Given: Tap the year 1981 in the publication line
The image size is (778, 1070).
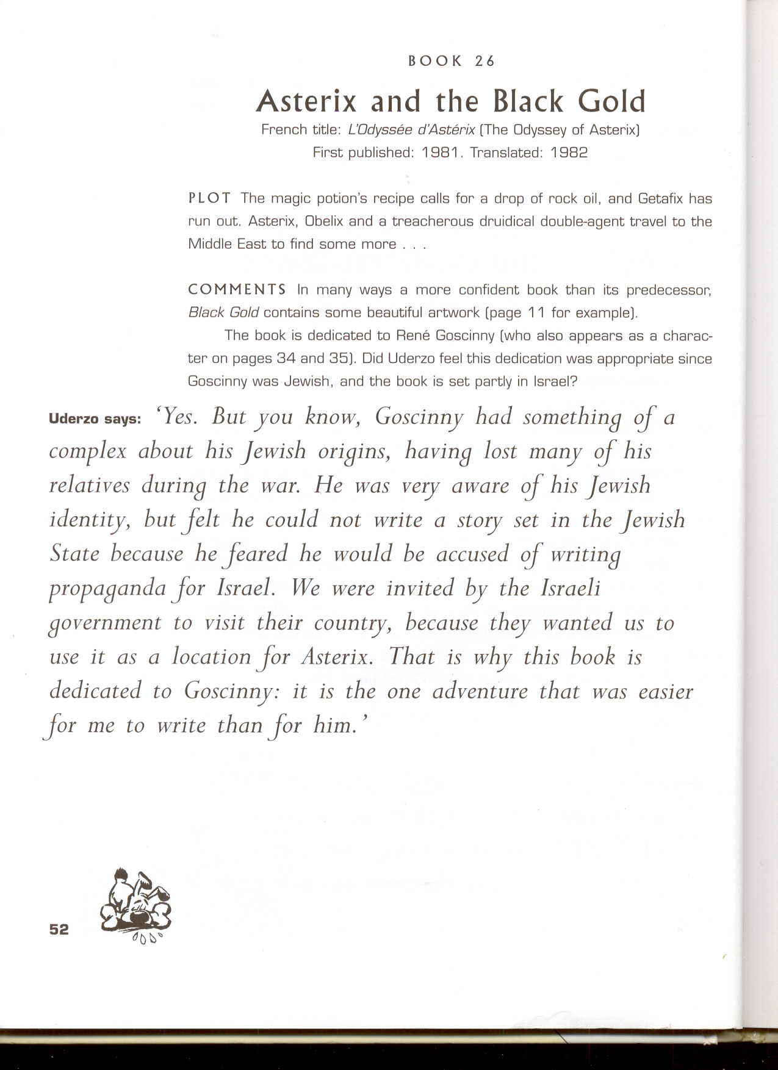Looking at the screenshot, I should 439,153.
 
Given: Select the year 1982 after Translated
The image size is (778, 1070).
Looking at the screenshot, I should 569,153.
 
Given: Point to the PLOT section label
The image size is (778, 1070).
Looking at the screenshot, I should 209,198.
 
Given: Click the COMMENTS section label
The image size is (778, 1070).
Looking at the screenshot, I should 237,289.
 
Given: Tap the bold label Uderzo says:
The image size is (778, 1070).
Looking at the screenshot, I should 95,419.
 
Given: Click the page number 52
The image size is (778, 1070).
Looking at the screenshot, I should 59,929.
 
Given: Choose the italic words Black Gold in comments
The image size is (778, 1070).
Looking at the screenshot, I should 223,312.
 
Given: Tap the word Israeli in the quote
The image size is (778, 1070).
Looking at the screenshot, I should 570,588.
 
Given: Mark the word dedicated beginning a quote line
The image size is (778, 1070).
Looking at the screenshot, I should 95,691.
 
